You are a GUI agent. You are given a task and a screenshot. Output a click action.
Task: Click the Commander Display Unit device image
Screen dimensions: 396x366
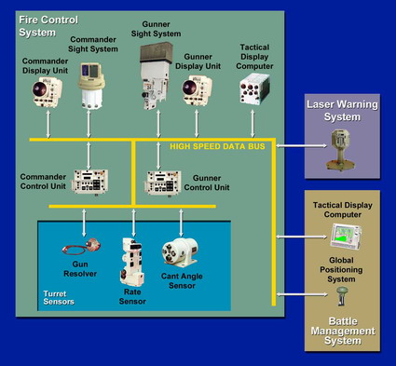(x=48, y=92)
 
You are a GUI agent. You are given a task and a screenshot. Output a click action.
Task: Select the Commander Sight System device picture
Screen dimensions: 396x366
(x=91, y=86)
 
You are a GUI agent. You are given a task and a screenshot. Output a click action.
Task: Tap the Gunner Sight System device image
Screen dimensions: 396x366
(x=157, y=75)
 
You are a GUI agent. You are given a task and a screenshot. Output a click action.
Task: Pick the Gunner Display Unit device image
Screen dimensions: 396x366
(x=197, y=90)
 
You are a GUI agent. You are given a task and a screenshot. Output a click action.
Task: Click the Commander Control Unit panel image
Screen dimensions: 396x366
(x=89, y=182)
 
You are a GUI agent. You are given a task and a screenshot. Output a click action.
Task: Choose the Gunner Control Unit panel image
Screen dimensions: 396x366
(x=163, y=183)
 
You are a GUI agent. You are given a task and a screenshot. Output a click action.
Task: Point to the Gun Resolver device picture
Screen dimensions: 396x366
(x=82, y=247)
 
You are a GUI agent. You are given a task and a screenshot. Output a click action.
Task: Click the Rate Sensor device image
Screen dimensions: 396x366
(x=132, y=262)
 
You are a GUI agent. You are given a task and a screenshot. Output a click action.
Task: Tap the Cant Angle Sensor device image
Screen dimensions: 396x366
(x=180, y=252)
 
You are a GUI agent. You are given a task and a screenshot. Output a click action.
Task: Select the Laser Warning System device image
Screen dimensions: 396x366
(x=340, y=150)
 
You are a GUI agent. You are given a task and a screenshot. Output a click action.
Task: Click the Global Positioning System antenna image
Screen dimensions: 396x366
(x=342, y=296)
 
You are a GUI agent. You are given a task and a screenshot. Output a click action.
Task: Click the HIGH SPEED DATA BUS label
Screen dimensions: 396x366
(x=217, y=146)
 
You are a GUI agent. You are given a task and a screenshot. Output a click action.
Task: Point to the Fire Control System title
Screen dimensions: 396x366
(x=48, y=26)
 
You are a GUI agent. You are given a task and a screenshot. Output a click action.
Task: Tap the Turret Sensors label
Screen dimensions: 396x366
(x=59, y=298)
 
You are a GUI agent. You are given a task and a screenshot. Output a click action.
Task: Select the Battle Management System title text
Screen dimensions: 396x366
(x=343, y=331)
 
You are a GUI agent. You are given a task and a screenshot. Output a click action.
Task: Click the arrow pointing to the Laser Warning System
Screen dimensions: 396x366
(x=302, y=145)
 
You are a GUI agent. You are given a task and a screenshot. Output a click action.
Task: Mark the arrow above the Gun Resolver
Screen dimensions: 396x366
(x=84, y=223)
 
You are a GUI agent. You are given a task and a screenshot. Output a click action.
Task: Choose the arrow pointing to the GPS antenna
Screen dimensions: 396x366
(x=302, y=294)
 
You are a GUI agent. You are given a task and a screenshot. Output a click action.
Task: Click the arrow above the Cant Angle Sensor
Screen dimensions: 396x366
(x=181, y=223)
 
